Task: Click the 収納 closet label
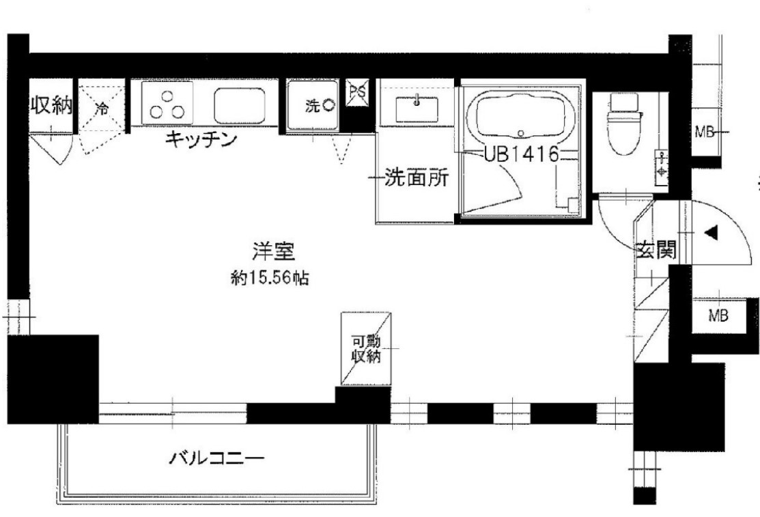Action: coord(51,106)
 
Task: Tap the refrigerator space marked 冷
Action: coord(101,107)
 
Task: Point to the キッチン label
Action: coord(201,141)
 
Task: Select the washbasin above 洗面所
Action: coord(417,107)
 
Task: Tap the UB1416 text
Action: coord(522,154)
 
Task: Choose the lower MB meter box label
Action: coord(717,316)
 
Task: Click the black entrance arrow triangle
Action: coord(711,233)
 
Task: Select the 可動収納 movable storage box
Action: coord(366,349)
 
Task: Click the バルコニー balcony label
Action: coord(216,456)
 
